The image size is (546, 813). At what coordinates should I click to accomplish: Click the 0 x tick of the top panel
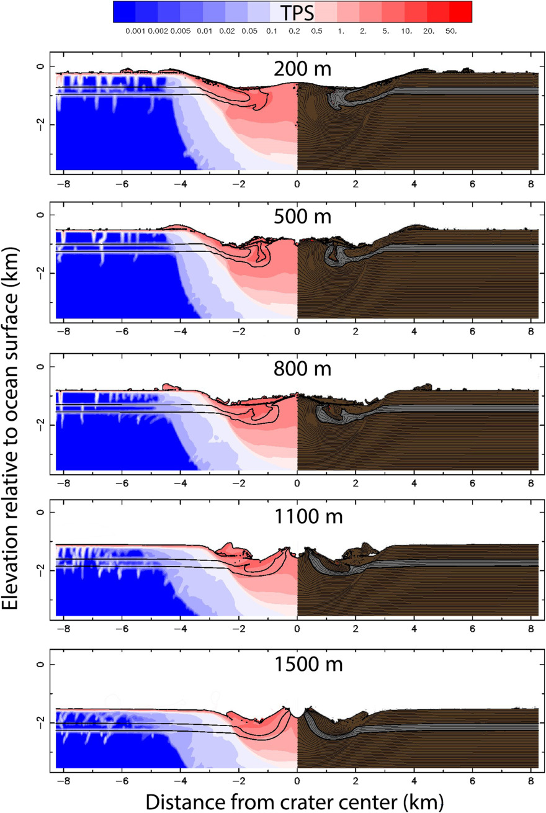coord(297,184)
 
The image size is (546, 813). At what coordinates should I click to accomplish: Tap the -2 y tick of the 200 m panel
coord(38,125)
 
